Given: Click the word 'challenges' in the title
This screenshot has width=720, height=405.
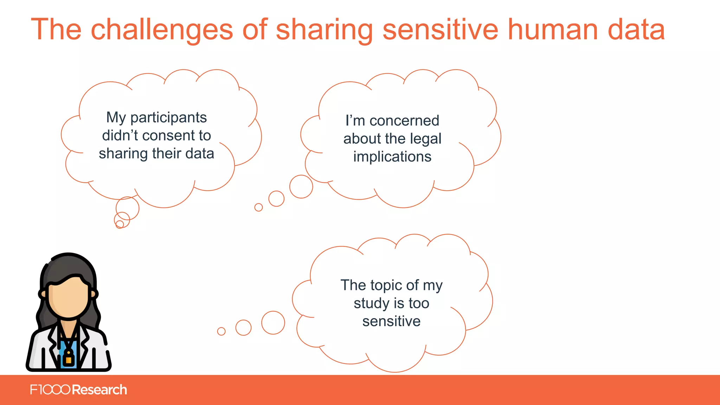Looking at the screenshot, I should pyautogui.click(x=162, y=30).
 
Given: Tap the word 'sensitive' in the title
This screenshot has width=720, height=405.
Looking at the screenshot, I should pyautogui.click(x=440, y=30).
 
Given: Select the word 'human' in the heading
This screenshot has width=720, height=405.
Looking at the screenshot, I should pyautogui.click(x=553, y=30).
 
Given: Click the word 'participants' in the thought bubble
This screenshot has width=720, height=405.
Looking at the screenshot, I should pyautogui.click(x=168, y=118).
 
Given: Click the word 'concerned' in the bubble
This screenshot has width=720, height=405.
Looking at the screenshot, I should pyautogui.click(x=404, y=121).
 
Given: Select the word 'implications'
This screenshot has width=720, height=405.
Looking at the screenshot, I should pyautogui.click(x=392, y=157).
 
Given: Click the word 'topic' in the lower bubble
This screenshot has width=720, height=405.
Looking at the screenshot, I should pyautogui.click(x=383, y=285).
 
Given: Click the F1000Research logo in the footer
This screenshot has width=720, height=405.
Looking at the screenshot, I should pyautogui.click(x=78, y=390).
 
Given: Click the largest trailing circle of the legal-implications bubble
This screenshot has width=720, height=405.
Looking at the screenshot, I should pyautogui.click(x=301, y=187).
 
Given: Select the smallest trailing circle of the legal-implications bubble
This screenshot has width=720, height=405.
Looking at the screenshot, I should pyautogui.click(x=258, y=207).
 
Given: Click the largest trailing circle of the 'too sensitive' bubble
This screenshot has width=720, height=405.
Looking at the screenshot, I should pyautogui.click(x=273, y=323).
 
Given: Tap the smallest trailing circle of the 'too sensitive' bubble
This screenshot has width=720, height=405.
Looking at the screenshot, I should pyautogui.click(x=221, y=331).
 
